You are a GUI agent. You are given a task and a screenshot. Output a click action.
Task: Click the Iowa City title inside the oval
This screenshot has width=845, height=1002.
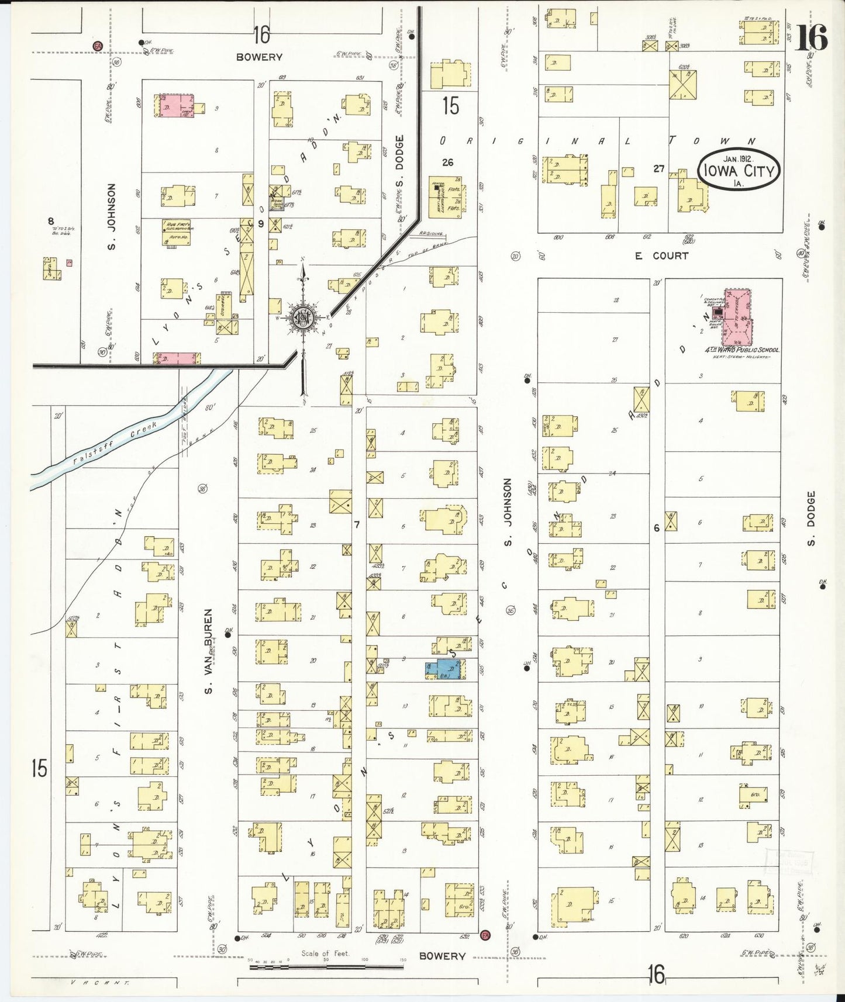[x=740, y=171]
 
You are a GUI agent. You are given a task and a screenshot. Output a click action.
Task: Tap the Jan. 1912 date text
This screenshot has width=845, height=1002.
[x=739, y=158]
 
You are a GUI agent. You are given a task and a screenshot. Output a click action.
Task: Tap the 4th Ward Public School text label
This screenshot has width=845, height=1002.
[x=742, y=350]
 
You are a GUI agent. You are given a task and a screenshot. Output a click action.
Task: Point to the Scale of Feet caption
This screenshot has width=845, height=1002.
[x=325, y=953]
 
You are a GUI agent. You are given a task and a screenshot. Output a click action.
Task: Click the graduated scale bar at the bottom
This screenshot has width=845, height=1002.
[x=326, y=967]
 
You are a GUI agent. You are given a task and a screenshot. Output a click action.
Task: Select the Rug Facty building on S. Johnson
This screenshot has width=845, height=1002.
[x=176, y=233]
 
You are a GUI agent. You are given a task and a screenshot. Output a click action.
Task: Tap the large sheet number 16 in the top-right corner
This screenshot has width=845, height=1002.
[x=812, y=39]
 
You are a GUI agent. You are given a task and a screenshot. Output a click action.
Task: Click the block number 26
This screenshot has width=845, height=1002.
[x=447, y=162]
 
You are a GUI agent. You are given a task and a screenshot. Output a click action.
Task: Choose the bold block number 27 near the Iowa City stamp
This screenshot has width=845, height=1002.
[x=659, y=168]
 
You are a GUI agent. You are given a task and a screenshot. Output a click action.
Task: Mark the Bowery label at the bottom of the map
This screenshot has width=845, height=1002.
[x=442, y=956]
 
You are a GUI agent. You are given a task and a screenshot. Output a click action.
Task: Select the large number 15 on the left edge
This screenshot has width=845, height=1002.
[x=39, y=768]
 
